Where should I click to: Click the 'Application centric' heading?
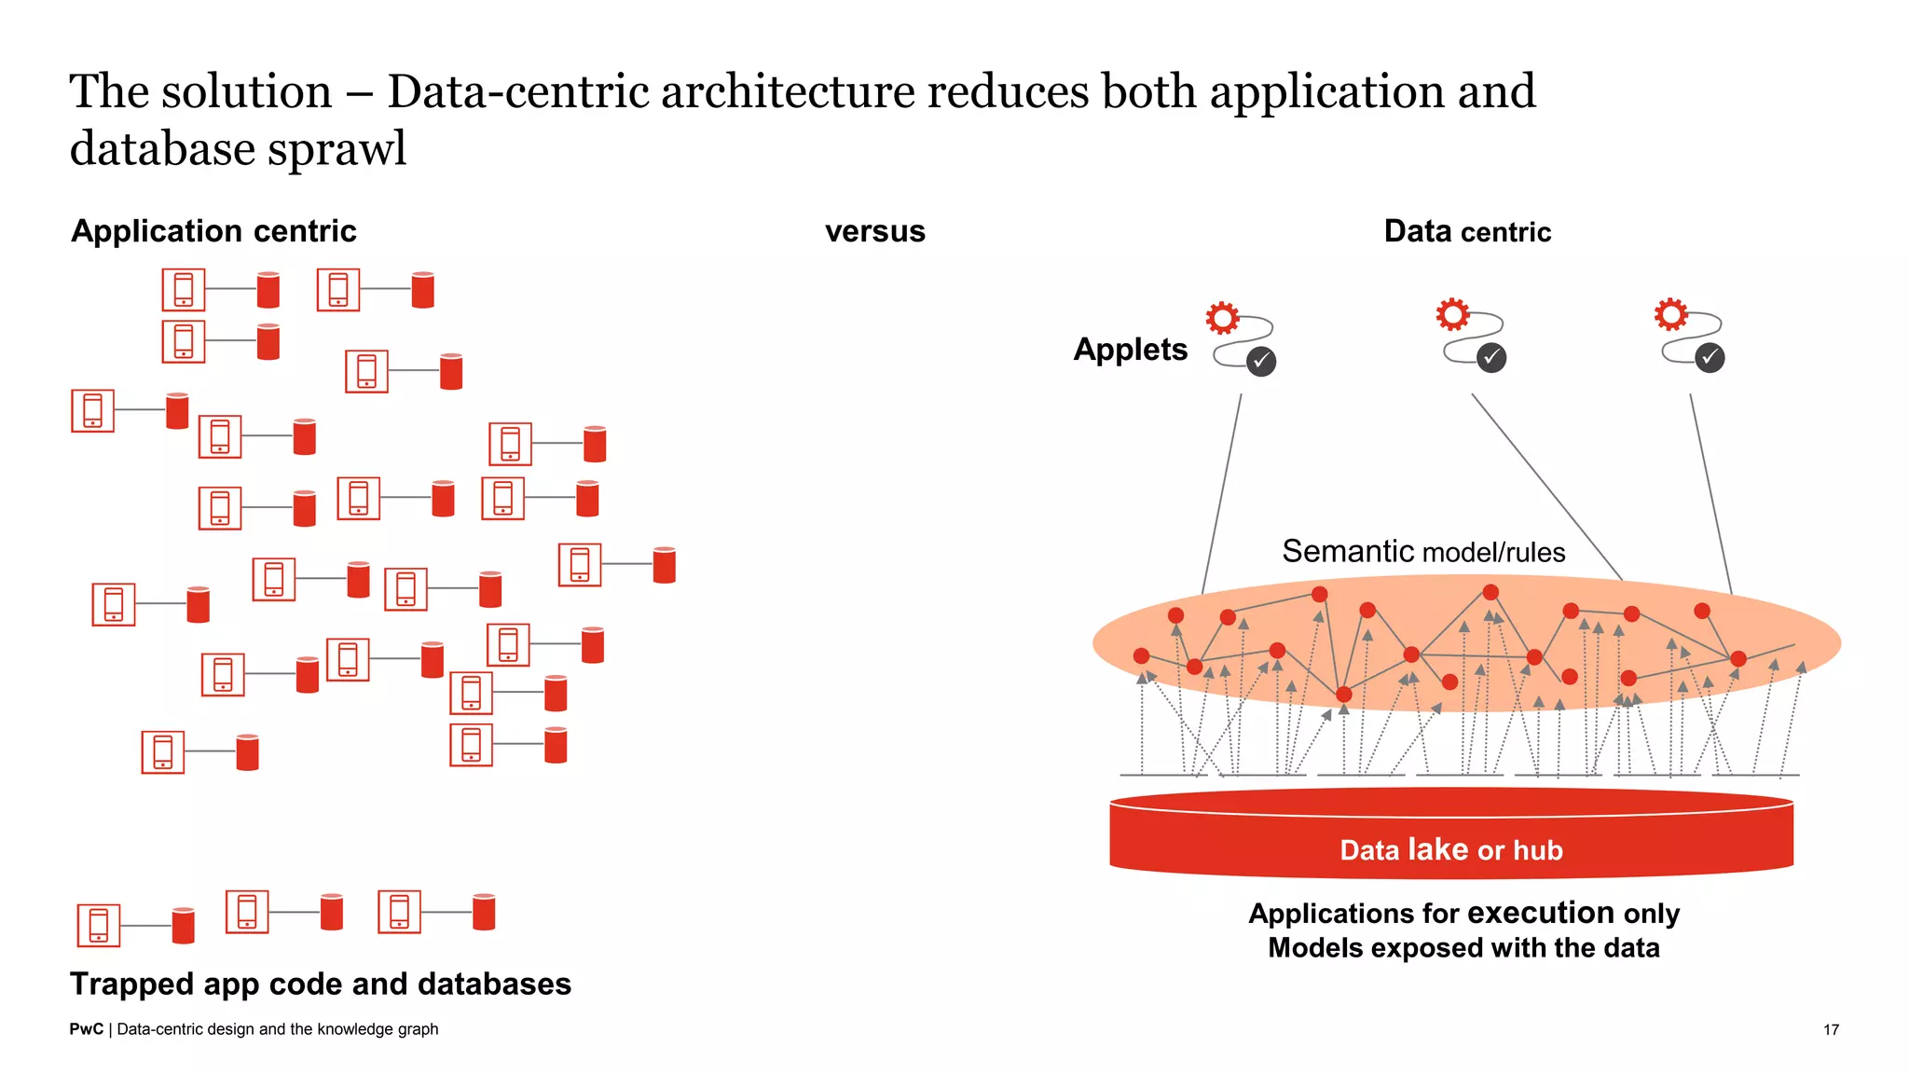click(x=213, y=231)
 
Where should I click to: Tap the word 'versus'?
click(x=874, y=231)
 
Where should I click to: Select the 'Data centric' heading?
click(x=1467, y=231)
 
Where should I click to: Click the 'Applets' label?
click(x=1130, y=350)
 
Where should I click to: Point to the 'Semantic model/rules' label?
click(x=1423, y=551)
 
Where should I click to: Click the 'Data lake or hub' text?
click(x=1451, y=849)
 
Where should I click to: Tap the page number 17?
click(x=1831, y=1029)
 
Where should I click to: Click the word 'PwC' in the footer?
click(x=86, y=1029)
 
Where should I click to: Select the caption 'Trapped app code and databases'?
click(x=321, y=984)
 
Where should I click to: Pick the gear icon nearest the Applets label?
click(x=1222, y=318)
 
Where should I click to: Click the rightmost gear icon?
click(x=1670, y=314)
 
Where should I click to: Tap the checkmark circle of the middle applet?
click(x=1491, y=357)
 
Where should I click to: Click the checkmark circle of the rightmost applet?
click(x=1710, y=357)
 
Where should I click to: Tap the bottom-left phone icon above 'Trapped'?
click(x=99, y=925)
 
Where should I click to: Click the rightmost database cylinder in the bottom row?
click(x=484, y=912)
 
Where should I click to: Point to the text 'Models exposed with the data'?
click(x=1463, y=948)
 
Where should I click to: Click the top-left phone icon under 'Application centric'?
click(x=184, y=289)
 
